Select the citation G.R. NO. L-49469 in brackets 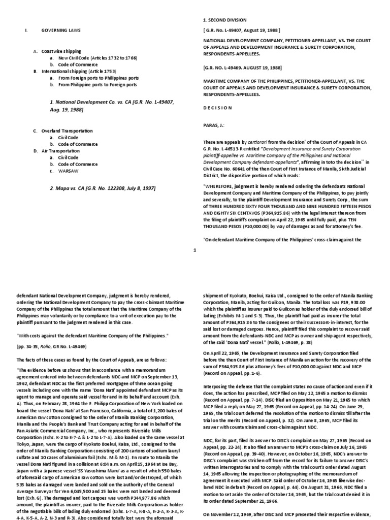click(x=234, y=67)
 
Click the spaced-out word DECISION click(x=217, y=108)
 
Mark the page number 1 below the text click(x=194, y=249)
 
